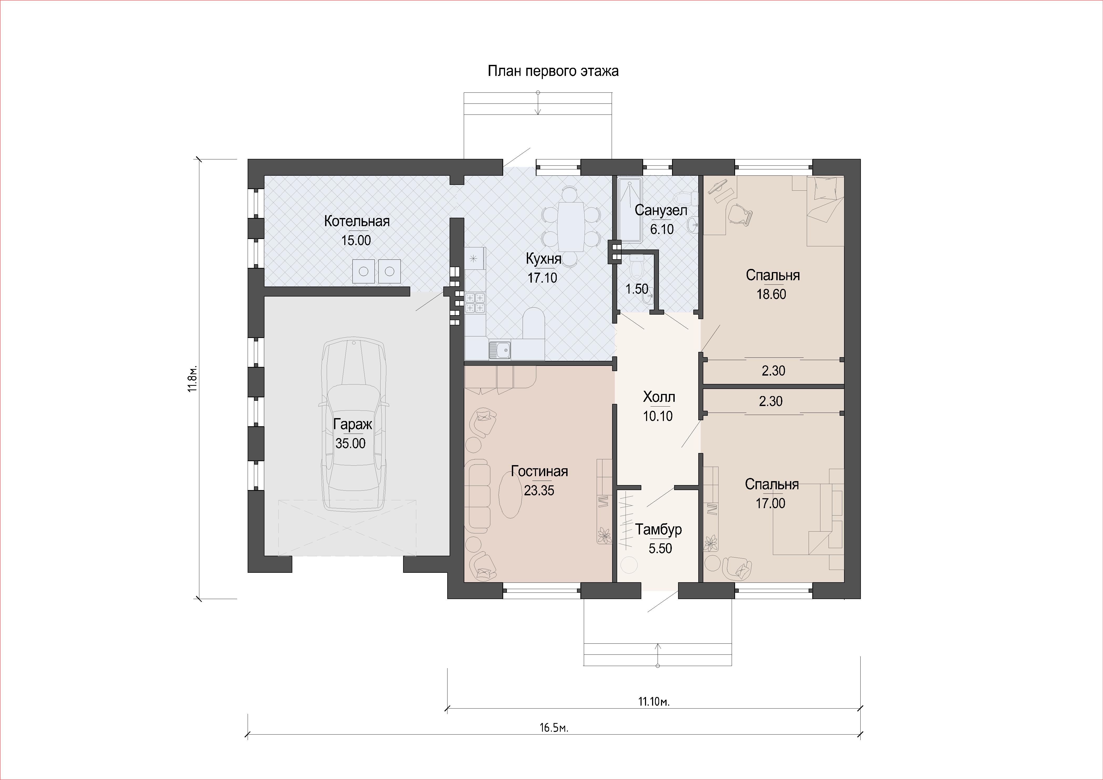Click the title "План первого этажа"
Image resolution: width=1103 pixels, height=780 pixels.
pos(553,71)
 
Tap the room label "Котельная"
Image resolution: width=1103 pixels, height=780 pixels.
pos(356,221)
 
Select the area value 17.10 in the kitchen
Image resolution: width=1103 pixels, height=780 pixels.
pos(542,278)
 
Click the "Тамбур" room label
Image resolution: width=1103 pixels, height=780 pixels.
pos(659,529)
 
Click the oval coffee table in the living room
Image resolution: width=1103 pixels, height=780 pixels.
pos(510,495)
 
